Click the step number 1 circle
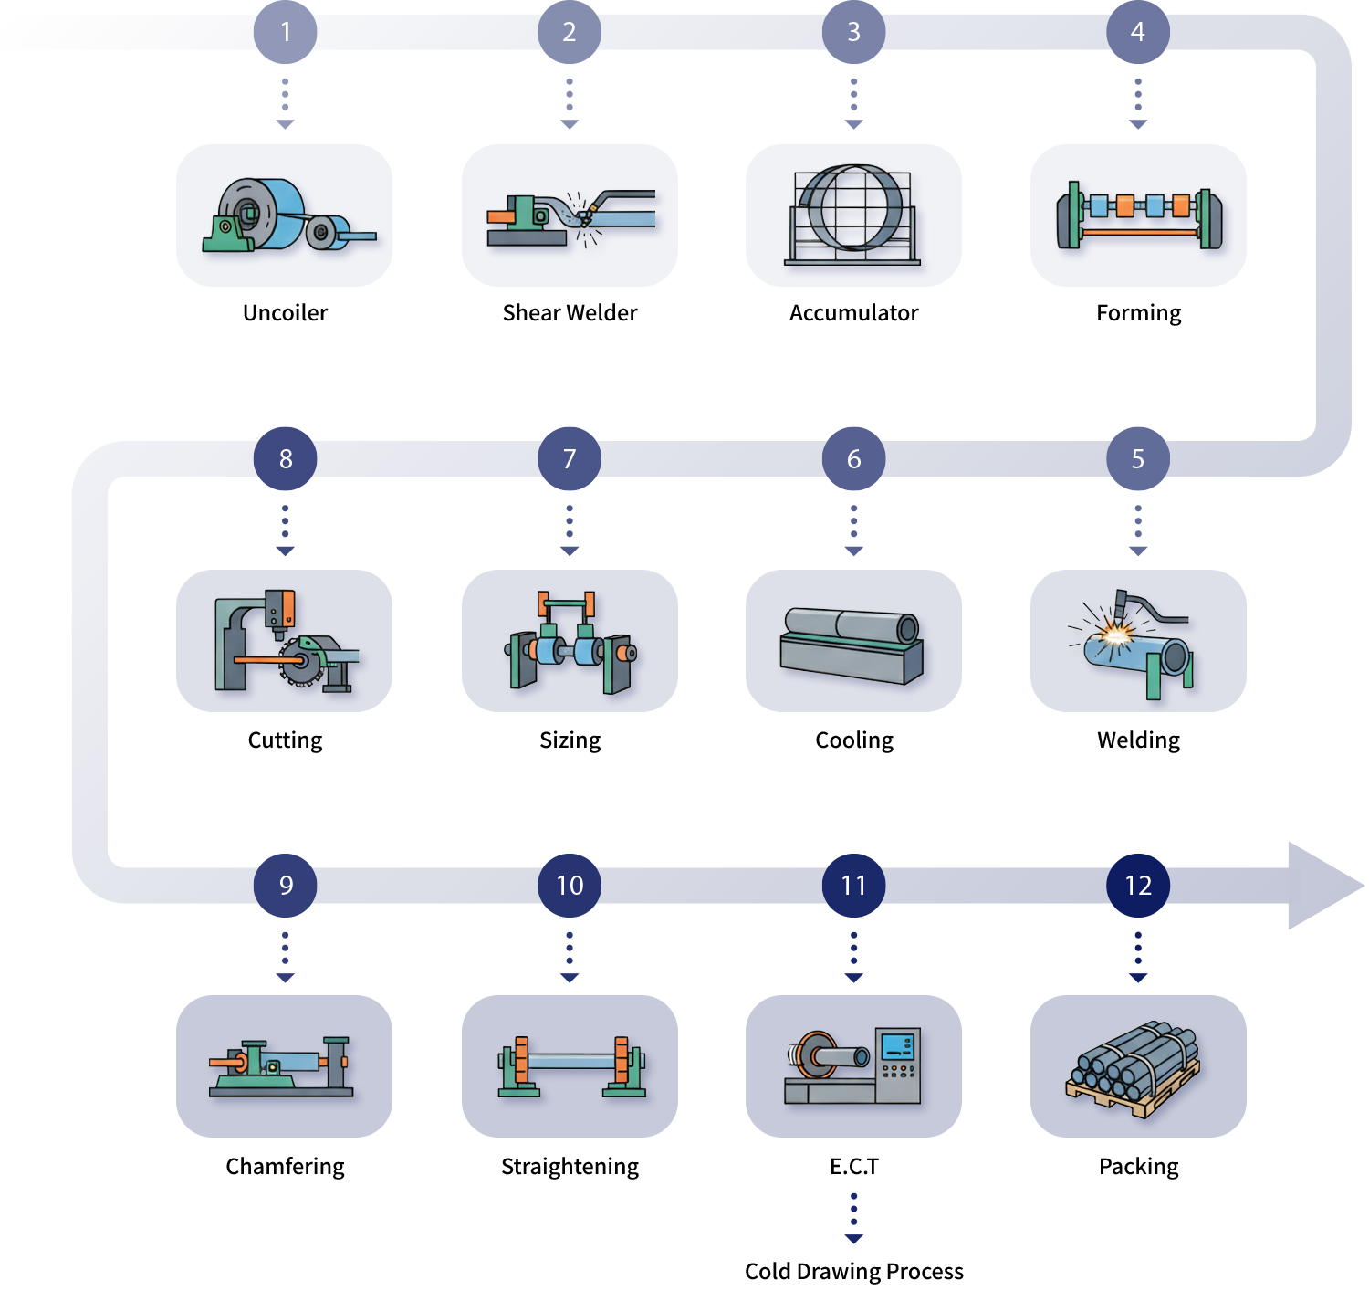click(286, 32)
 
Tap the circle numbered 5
click(1137, 458)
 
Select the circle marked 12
click(1137, 885)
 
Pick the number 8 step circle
click(286, 458)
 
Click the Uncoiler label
click(285, 312)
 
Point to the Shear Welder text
click(570, 312)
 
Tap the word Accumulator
click(853, 312)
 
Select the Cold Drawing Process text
click(853, 1271)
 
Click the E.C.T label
click(853, 1166)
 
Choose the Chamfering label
click(285, 1166)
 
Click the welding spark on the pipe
click(1115, 631)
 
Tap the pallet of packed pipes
click(1133, 1068)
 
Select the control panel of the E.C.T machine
click(898, 1064)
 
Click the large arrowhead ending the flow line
click(1323, 885)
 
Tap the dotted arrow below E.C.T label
click(853, 1219)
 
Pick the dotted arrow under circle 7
click(570, 530)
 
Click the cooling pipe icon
click(852, 644)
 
